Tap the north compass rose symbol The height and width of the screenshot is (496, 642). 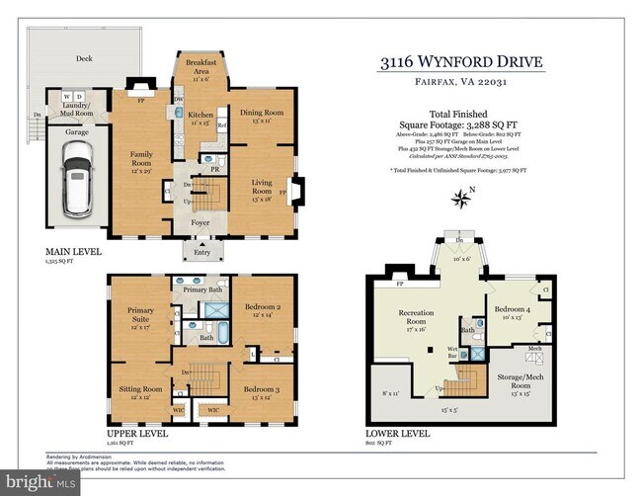pyautogui.click(x=460, y=200)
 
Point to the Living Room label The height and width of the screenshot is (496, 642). pyautogui.click(x=263, y=186)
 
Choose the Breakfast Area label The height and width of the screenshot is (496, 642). pyautogui.click(x=201, y=69)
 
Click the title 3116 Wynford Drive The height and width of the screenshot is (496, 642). pyautogui.click(x=460, y=62)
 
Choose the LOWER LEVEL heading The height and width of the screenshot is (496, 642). pyautogui.click(x=396, y=433)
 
